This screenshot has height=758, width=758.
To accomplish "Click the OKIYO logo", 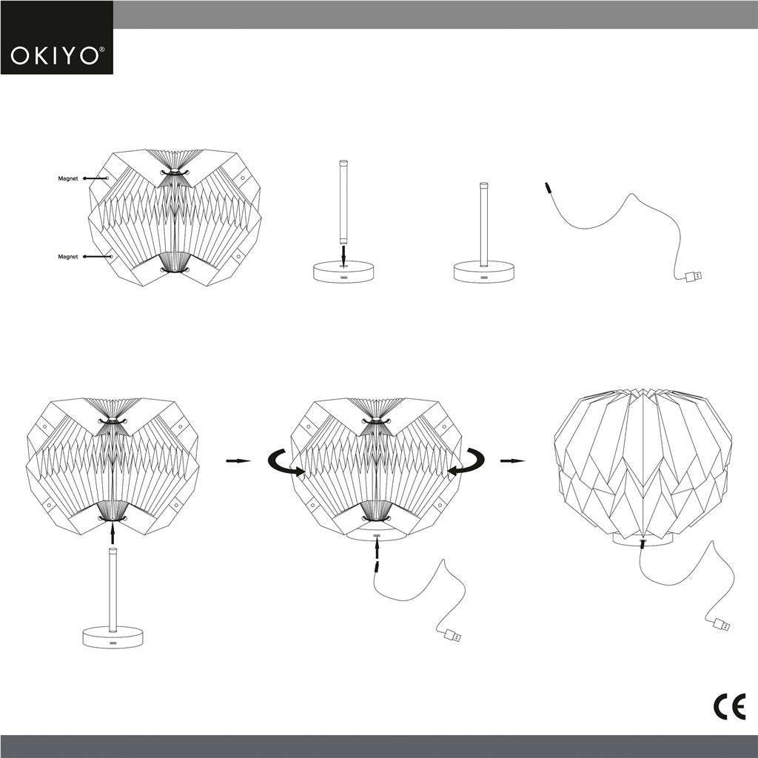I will (57, 56).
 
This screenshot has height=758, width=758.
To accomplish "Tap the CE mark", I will (728, 708).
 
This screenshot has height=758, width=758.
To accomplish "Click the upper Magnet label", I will (69, 178).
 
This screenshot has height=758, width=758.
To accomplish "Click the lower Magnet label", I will (69, 257).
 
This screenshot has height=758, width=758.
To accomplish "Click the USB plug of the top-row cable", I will (694, 277).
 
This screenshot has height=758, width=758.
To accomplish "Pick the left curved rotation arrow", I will (284, 462).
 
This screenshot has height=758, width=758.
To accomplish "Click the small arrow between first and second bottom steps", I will (238, 460).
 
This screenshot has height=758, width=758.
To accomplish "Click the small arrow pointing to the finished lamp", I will (512, 460).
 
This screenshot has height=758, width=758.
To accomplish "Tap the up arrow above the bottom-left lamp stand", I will (113, 531).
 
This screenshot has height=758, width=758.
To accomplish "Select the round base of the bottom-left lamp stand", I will (113, 637).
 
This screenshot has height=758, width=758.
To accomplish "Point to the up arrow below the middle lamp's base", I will (377, 549).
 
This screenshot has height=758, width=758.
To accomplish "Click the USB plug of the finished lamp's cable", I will (719, 625).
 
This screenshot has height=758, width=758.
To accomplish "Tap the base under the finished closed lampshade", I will (643, 540).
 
